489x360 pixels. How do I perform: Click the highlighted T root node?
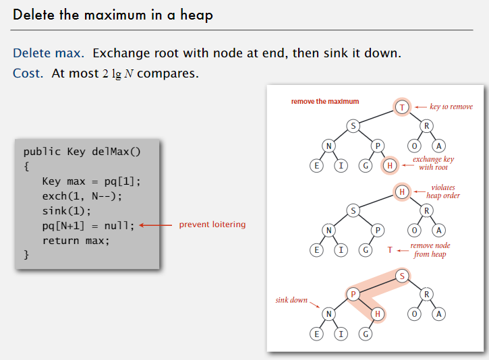tap(402, 107)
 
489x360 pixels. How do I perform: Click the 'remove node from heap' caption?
tap(430, 250)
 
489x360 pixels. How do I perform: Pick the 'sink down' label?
tap(291, 299)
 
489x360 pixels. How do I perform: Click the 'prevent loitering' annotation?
tap(212, 224)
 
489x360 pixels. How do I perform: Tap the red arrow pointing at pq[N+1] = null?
tap(154, 225)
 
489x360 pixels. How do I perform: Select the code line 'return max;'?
tap(76, 240)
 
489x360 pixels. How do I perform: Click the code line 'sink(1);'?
tap(65, 211)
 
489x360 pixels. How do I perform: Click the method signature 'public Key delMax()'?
tap(82, 151)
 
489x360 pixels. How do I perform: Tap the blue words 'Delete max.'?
tap(49, 53)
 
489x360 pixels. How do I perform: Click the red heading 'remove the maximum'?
tap(325, 102)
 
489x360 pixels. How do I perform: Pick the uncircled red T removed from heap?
tap(390, 250)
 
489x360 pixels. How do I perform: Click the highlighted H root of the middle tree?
tap(402, 192)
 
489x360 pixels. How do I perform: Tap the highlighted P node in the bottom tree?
tap(351, 294)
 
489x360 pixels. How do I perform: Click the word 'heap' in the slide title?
tap(196, 14)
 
